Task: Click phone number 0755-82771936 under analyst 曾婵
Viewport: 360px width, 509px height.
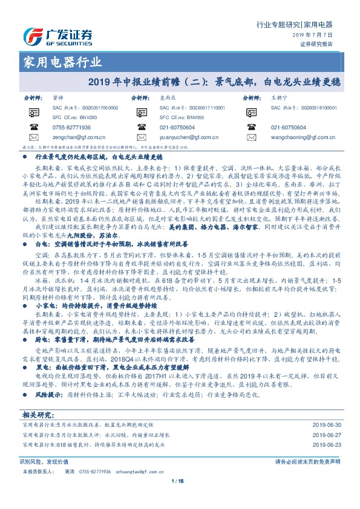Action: click(71, 128)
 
